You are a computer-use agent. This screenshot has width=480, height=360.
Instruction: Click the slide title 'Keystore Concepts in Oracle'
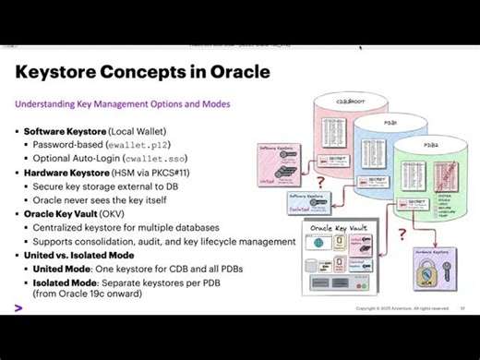click(143, 72)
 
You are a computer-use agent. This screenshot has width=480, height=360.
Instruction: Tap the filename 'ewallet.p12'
click(136, 145)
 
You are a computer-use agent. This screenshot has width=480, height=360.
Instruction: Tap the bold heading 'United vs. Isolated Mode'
click(79, 255)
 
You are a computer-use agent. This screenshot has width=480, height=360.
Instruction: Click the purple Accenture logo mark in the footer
click(18, 306)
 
